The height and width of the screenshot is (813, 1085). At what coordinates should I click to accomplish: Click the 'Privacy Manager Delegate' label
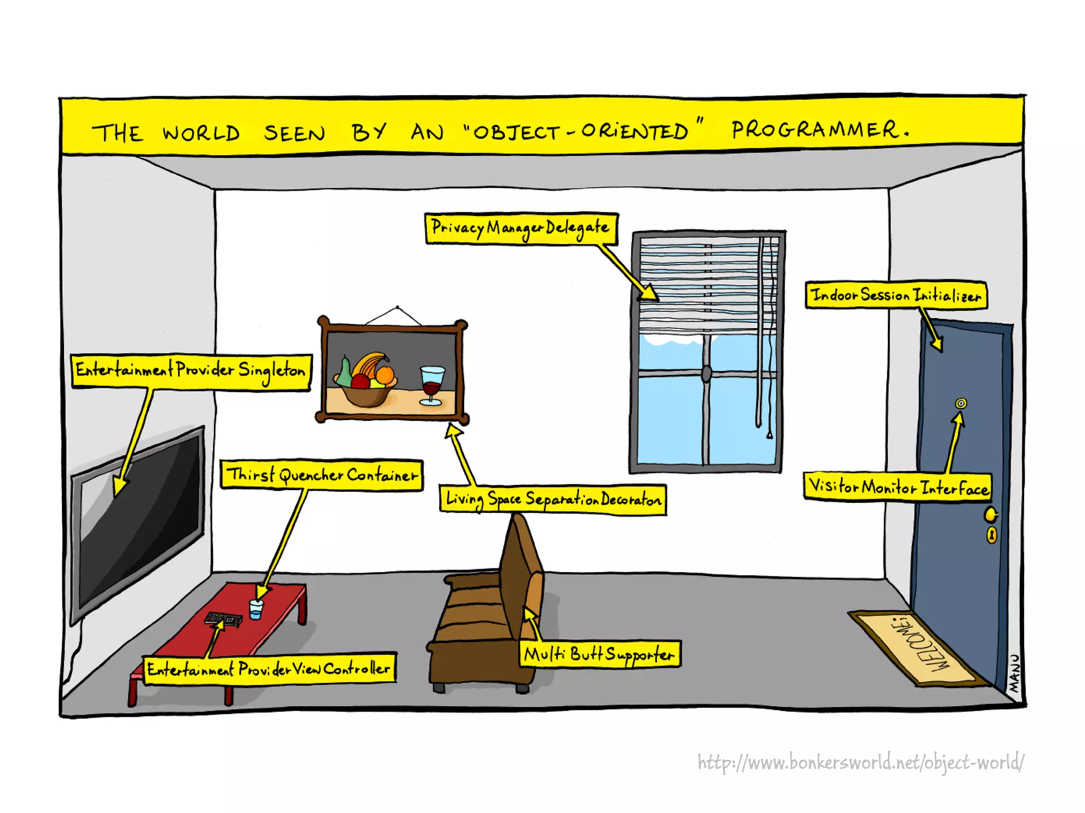(x=521, y=229)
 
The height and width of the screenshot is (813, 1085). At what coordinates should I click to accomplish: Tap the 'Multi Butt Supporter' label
(x=599, y=654)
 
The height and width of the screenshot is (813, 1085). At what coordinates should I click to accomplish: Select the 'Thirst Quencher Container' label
(x=322, y=474)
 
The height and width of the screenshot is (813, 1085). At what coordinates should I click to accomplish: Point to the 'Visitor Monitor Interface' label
(x=897, y=486)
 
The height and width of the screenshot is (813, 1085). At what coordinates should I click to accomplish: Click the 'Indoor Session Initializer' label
(x=896, y=295)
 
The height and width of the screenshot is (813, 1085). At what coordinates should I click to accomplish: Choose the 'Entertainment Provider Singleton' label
(x=191, y=371)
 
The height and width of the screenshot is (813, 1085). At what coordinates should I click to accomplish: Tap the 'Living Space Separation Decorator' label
(x=553, y=499)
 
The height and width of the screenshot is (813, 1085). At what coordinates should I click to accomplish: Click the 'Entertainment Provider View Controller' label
(x=269, y=669)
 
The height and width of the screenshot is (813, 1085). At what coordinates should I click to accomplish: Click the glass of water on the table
(x=256, y=609)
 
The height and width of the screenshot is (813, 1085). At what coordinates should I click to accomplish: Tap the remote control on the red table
(x=224, y=619)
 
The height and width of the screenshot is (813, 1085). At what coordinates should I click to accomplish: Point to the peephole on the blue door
(x=961, y=404)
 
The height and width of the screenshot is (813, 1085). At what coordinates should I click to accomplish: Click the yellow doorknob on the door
(x=990, y=514)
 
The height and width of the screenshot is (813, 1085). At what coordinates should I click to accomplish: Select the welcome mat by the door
(x=919, y=648)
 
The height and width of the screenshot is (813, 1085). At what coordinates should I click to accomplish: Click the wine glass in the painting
(x=432, y=384)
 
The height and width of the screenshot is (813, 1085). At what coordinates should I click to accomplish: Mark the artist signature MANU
(x=1013, y=673)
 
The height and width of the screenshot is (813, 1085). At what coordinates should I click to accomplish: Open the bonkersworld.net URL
(x=860, y=762)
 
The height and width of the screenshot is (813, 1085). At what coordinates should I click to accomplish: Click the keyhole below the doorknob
(x=991, y=535)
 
